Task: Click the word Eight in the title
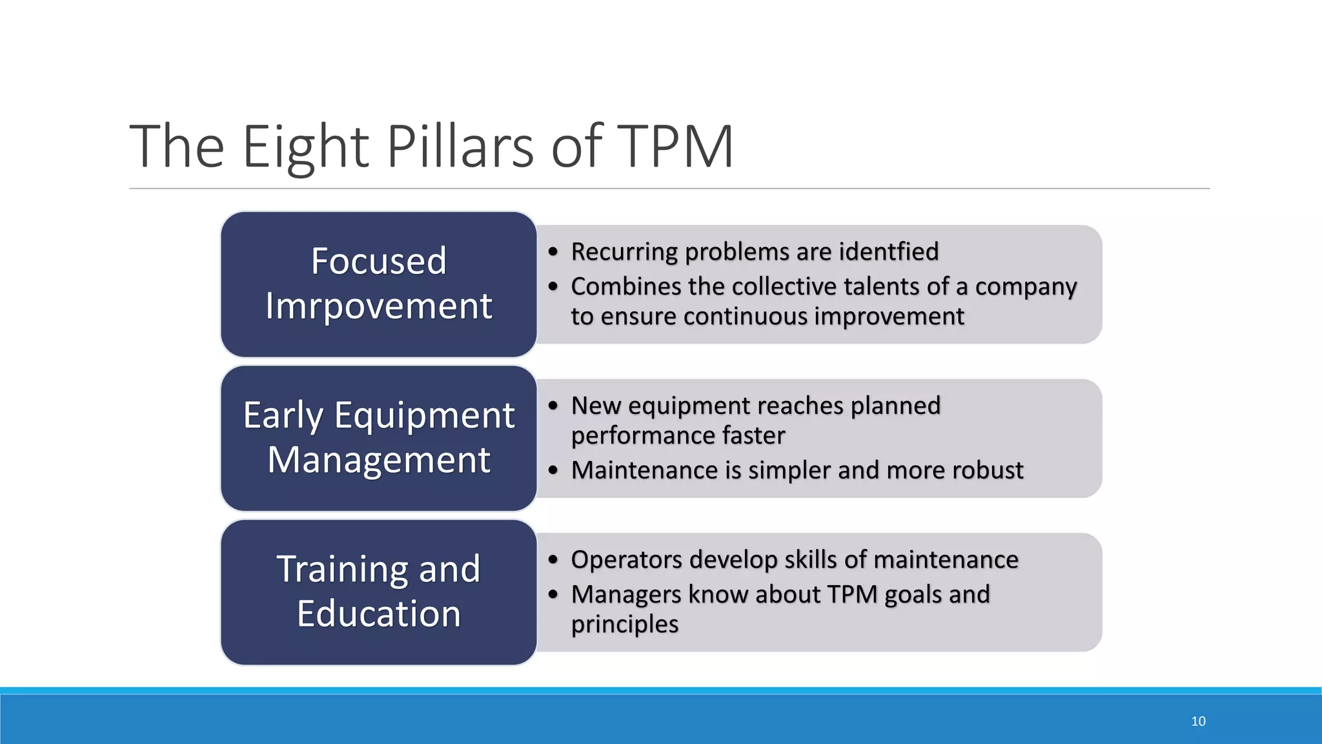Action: (x=305, y=147)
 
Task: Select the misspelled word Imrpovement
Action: (x=379, y=305)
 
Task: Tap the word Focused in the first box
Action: (x=379, y=261)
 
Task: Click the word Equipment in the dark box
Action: (x=424, y=415)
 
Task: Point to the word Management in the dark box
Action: (x=379, y=460)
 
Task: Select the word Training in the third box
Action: (x=342, y=570)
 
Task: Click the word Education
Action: (x=379, y=614)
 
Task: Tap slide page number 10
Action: (x=1198, y=721)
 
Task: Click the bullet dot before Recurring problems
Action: (x=553, y=252)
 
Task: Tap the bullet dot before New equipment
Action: (x=553, y=406)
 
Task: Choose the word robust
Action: (x=989, y=470)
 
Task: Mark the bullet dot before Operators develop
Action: (x=553, y=559)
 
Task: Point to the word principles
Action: (x=624, y=625)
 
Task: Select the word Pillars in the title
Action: (x=460, y=147)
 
